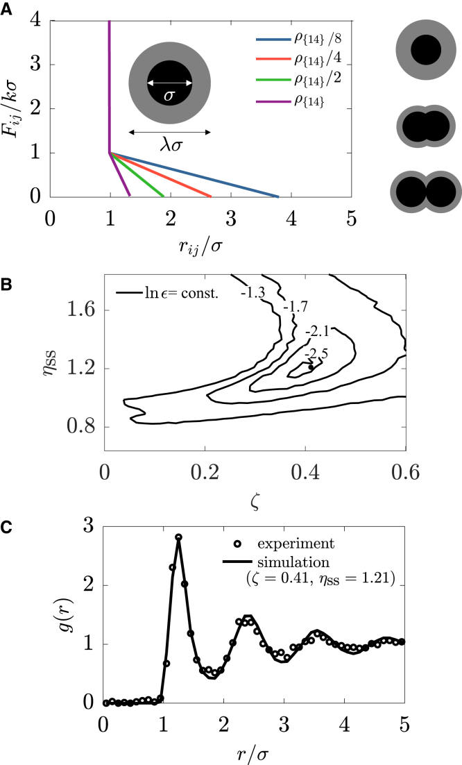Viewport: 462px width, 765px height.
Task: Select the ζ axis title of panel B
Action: [x=255, y=498]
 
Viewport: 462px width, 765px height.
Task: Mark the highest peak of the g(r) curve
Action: [x=178, y=537]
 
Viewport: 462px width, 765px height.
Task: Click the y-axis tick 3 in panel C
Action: [x=87, y=526]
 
